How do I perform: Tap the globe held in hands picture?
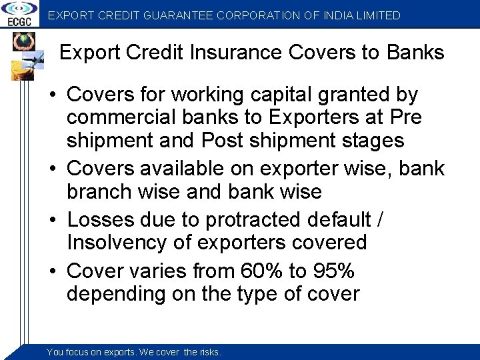click(x=21, y=43)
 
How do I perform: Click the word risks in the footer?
click(x=210, y=352)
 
